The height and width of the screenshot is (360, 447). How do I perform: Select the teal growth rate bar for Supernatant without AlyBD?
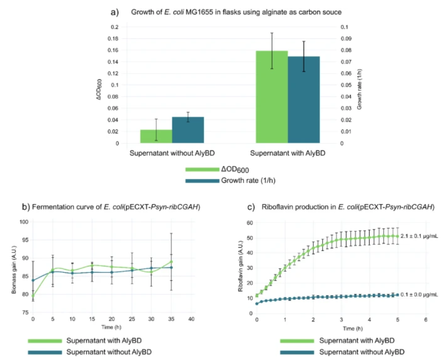pos(188,130)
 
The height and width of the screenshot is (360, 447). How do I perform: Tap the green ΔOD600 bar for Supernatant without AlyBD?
pos(156,136)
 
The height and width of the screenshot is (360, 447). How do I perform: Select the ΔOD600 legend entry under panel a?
pos(237,169)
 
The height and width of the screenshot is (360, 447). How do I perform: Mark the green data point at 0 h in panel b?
pos(33,296)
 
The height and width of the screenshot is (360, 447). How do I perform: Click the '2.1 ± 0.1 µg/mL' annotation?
pos(418,236)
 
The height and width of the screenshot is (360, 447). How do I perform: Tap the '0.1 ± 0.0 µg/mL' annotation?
pos(418,294)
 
